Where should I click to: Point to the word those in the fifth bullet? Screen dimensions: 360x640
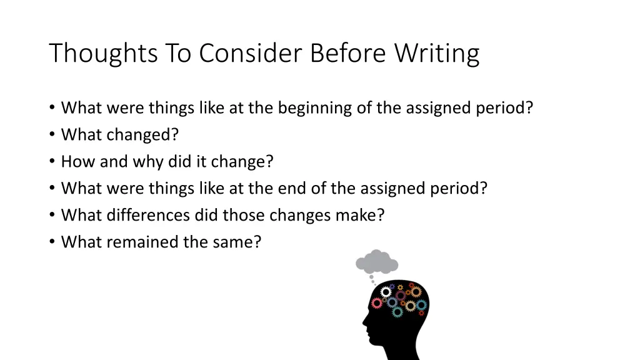[243, 215]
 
